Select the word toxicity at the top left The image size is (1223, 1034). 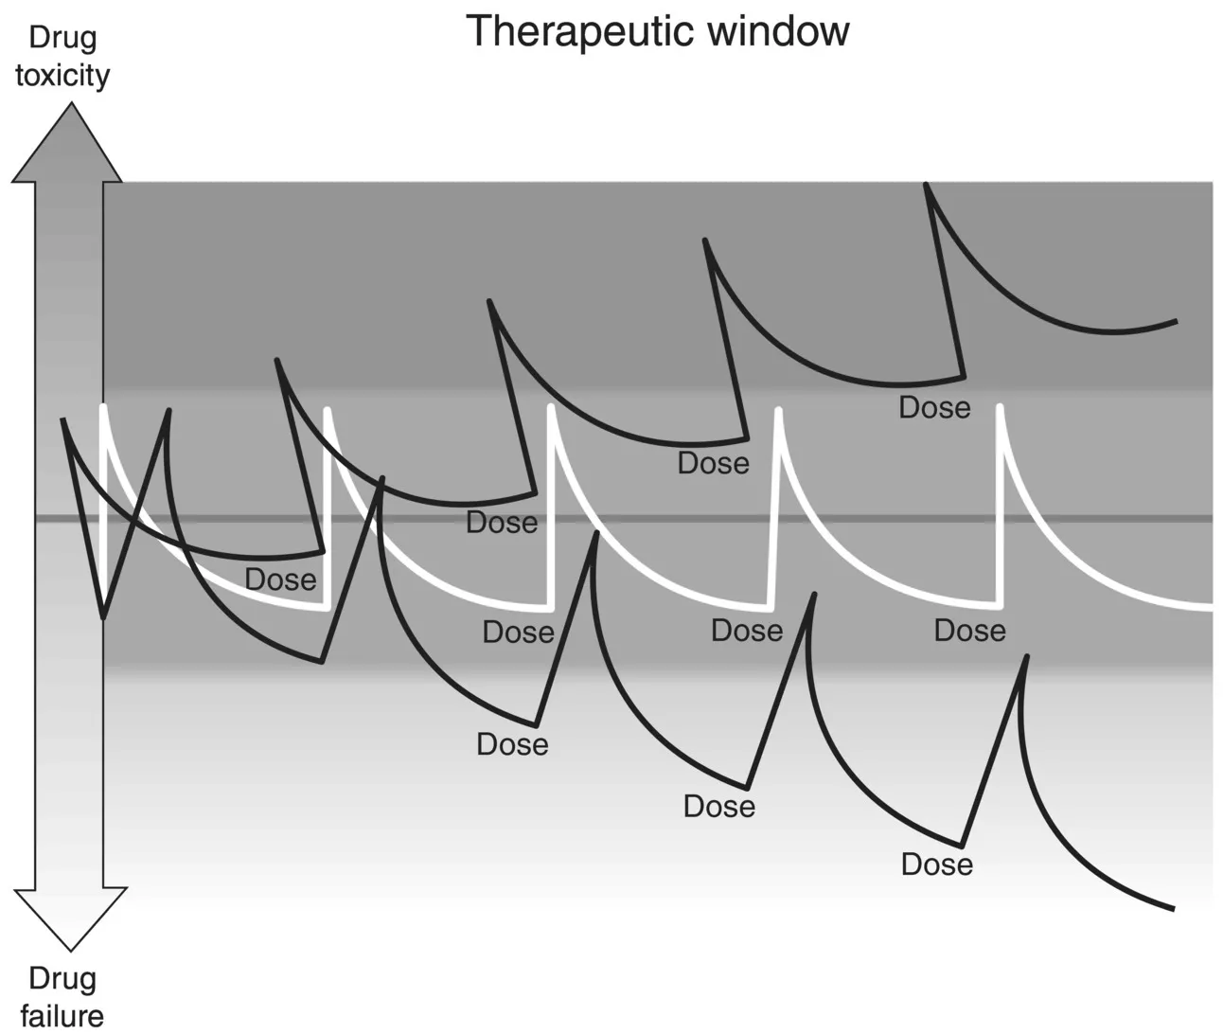[62, 76]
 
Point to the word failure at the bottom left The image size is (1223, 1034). [62, 1015]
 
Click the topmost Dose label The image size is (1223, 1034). [934, 408]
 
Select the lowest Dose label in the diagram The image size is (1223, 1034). [936, 865]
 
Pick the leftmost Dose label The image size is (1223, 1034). [280, 579]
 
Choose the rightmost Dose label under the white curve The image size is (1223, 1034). [969, 631]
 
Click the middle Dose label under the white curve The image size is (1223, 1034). [747, 631]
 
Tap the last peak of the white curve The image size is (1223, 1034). [1000, 407]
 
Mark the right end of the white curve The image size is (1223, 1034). [1211, 605]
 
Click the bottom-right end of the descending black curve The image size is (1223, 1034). [1173, 908]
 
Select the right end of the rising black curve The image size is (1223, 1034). [1176, 321]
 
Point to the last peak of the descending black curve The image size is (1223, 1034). [1023, 656]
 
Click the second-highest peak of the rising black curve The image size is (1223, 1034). [704, 241]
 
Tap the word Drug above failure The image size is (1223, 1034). [62, 978]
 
